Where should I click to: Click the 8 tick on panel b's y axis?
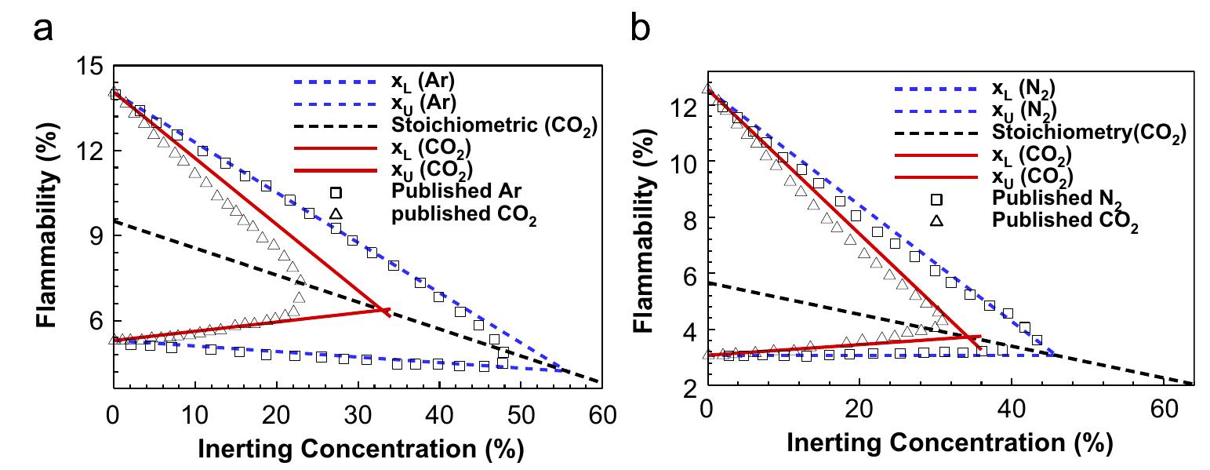687,218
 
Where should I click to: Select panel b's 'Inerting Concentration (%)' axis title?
949,444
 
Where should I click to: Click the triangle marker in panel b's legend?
936,220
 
